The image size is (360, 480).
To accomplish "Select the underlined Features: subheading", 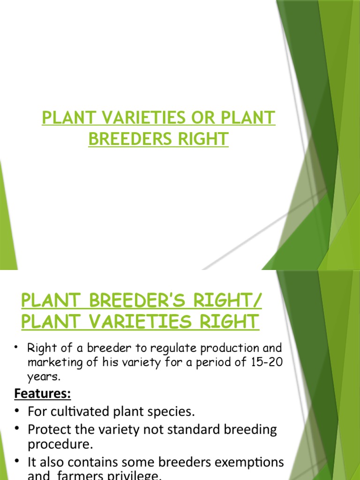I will point(42,394).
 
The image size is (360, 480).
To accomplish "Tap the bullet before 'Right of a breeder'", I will point(17,347).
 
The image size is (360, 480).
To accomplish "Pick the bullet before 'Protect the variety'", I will point(17,429).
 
